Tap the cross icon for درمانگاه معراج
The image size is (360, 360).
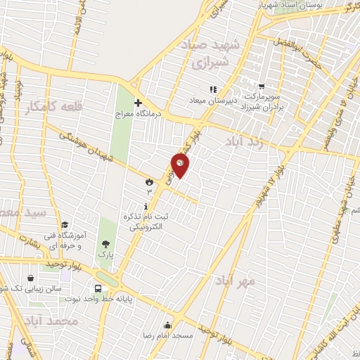tap(139, 102)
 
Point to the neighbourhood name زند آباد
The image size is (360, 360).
tap(245, 142)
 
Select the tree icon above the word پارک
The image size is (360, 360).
tap(105, 244)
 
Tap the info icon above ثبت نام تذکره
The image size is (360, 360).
tap(146, 207)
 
